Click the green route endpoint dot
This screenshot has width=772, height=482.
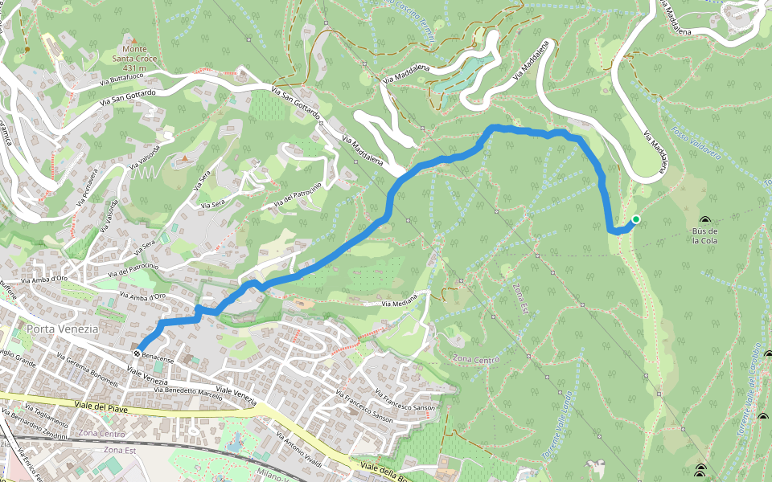[x=635, y=219]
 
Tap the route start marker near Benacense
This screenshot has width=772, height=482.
[x=138, y=352]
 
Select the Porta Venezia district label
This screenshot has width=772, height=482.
[x=62, y=329]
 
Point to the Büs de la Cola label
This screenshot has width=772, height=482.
[x=704, y=235]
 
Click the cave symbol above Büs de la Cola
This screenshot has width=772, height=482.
[x=705, y=220]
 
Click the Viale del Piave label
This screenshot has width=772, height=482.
[x=100, y=405]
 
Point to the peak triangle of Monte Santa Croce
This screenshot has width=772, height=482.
[x=134, y=39]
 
